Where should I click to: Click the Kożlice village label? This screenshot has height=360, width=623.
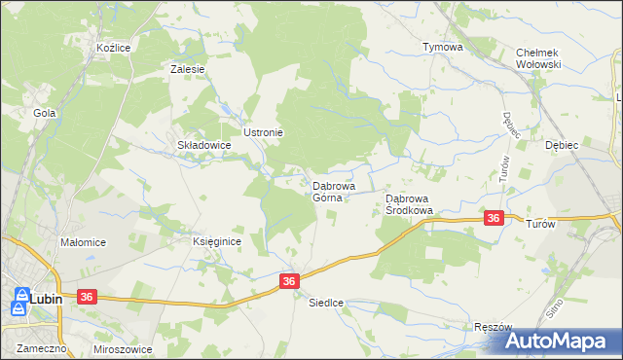point(113,47)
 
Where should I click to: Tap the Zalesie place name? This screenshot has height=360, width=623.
point(186,69)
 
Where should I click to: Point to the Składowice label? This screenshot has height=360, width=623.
point(202,145)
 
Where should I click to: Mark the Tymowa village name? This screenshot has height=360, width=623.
point(441,47)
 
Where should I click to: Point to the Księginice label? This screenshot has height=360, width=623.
point(216,242)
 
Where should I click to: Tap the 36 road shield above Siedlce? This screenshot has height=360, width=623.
point(289,280)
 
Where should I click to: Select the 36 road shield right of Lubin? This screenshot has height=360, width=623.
point(87,296)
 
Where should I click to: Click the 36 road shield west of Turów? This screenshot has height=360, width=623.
point(494,219)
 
